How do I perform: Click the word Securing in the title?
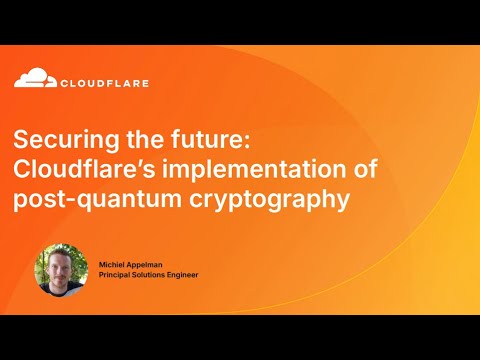pos(64,140)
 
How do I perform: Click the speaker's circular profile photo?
pos(61,269)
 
